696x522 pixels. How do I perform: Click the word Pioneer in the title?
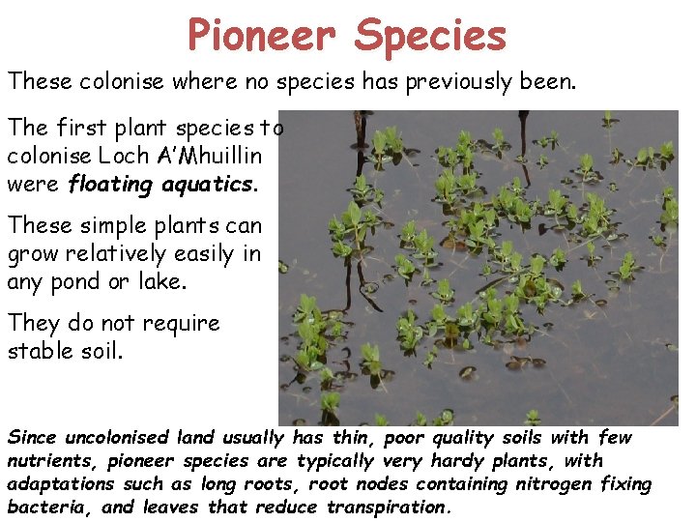tap(260, 35)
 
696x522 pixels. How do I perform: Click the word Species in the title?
tap(430, 37)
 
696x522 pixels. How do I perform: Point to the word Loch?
tap(123, 155)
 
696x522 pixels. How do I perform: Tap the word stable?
tap(39, 351)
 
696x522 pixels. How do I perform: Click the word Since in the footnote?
tap(32, 438)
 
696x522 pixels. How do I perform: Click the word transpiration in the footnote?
tap(390, 507)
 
